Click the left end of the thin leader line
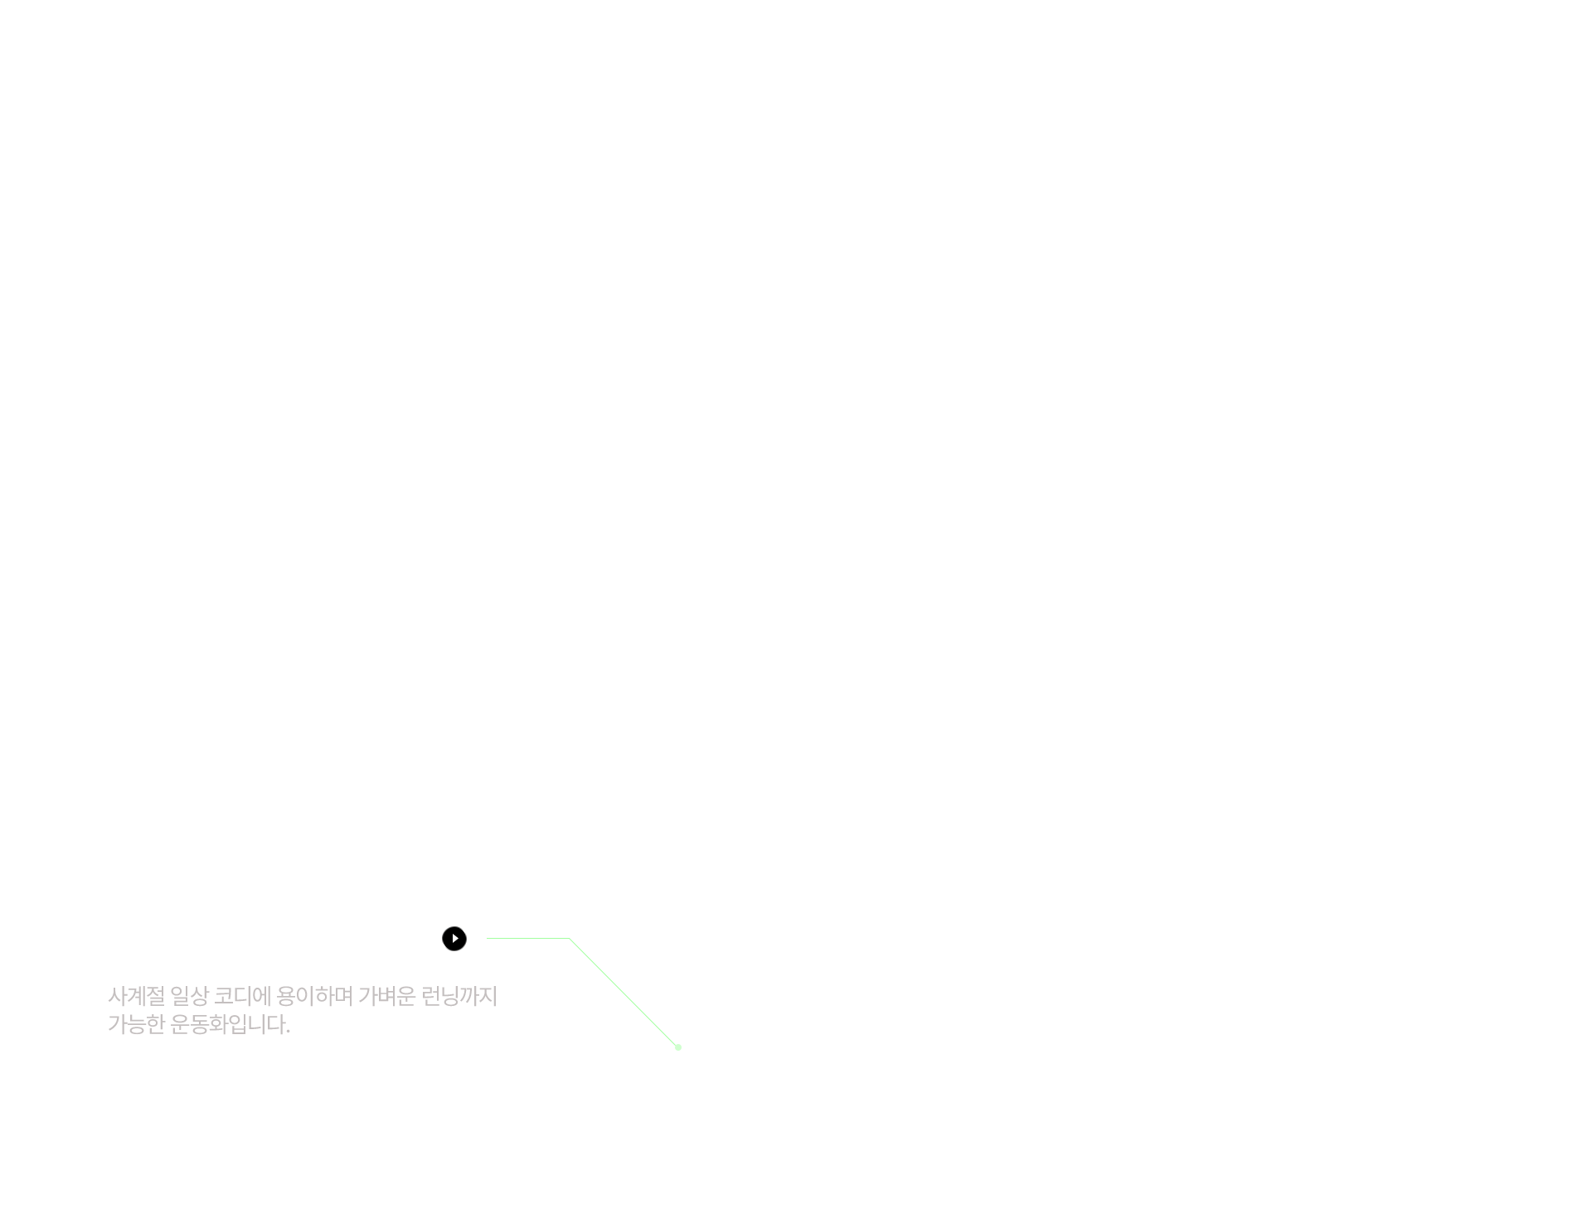[x=487, y=938]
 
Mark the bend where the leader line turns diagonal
[x=570, y=938]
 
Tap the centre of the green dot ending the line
[x=678, y=1047]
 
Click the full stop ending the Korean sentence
[x=287, y=1032]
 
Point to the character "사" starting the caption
[x=117, y=995]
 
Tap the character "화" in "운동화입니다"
[x=217, y=1024]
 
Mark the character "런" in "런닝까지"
[x=430, y=995]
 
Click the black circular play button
[x=454, y=939]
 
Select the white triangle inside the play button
[x=455, y=939]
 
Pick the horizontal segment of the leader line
[x=528, y=938]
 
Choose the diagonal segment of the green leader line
[x=624, y=993]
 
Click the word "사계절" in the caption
[x=136, y=995]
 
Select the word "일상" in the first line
[x=189, y=995]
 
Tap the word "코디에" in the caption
[x=242, y=995]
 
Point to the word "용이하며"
[x=314, y=995]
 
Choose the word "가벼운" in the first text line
[x=386, y=995]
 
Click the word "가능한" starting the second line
[x=136, y=1024]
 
